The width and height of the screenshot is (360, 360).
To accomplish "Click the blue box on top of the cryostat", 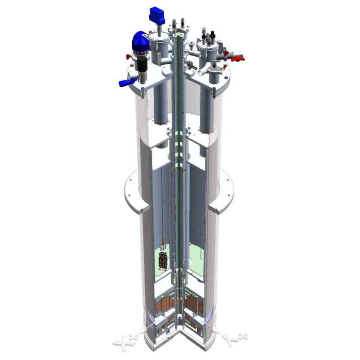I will click(x=157, y=15).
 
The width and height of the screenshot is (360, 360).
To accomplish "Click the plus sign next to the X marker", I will click(x=134, y=337).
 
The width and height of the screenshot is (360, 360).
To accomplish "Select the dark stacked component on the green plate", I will click(x=163, y=260).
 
